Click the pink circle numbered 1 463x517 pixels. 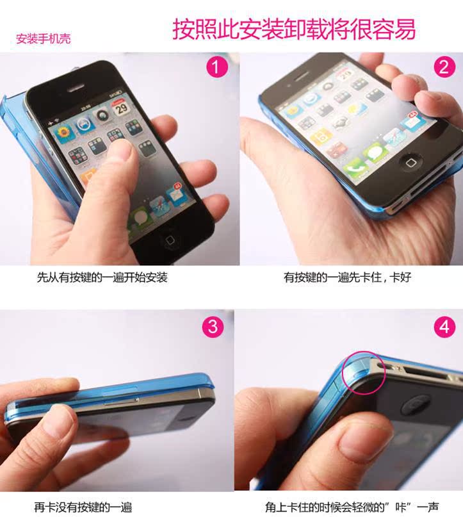pos(217,67)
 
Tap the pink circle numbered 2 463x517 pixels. pos(444,67)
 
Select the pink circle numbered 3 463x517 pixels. pos(213,327)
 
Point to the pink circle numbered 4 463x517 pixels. pos(444,327)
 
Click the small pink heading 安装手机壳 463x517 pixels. pos(43,39)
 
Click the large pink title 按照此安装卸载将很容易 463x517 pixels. pos(294,29)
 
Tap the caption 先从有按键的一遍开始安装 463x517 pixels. pos(102,277)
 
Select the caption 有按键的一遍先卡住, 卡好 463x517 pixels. pos(347,277)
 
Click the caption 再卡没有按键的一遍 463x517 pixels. pos(83,507)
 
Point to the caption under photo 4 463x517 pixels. pos(352,507)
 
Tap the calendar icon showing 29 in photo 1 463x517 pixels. pos(120,107)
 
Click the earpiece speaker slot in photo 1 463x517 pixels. pos(77,88)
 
